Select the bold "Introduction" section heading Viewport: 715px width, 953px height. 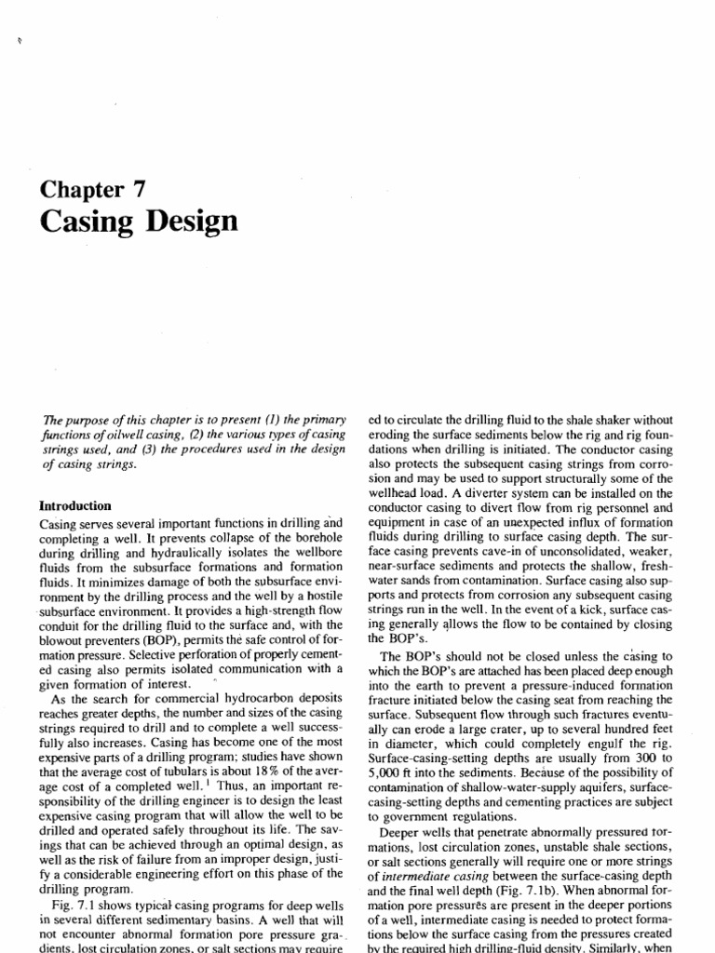coord(74,506)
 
